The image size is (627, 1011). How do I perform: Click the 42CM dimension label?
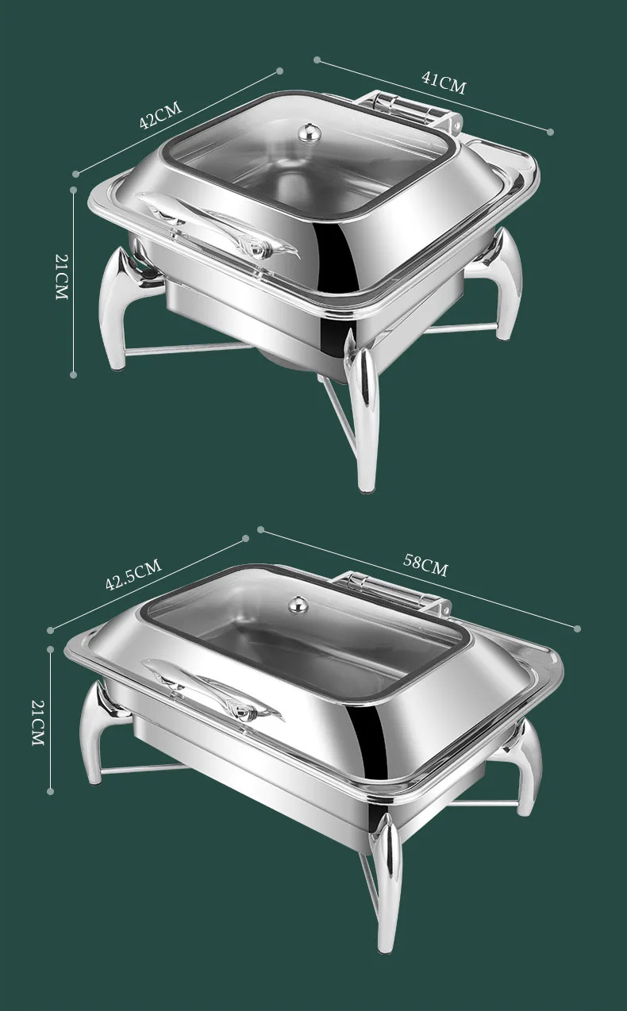click(160, 115)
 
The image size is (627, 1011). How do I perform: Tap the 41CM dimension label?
click(443, 83)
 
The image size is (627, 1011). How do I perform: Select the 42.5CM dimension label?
click(133, 575)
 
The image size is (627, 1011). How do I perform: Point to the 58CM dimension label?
click(425, 565)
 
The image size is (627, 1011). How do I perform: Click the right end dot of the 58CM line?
click(577, 628)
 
